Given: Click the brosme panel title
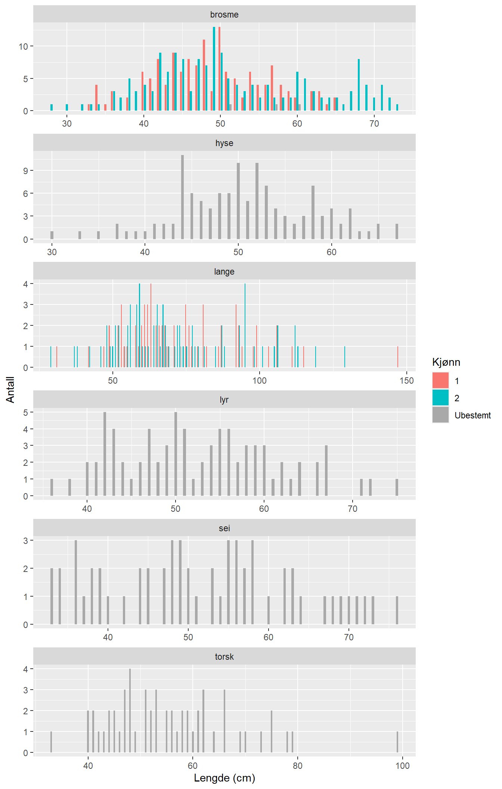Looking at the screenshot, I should click(224, 15).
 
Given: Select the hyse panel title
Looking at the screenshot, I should click(224, 143).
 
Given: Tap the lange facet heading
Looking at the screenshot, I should click(224, 272).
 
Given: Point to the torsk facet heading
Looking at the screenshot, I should click(224, 657).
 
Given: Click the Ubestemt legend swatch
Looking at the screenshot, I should click(440, 415).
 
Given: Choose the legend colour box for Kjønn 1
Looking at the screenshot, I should click(440, 381).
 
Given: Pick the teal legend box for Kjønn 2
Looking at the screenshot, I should click(440, 398).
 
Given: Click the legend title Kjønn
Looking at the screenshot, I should click(446, 362).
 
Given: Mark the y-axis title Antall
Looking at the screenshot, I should click(10, 390).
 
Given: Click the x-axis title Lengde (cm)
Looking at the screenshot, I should click(224, 778).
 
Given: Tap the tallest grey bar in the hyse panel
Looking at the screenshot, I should click(182, 197).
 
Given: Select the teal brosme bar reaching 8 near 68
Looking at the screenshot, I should click(359, 85).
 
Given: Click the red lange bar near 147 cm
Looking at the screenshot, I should click(398, 357).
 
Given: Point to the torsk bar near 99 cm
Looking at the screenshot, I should click(397, 742).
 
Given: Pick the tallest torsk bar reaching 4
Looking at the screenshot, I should click(130, 711).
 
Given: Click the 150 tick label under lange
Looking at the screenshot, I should click(406, 381).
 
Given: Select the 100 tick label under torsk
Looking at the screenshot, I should click(402, 766).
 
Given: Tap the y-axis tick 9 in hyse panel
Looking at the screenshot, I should click(25, 171).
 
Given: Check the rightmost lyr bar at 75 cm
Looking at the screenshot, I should click(397, 488).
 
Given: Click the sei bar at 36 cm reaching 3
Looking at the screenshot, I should click(76, 582).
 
